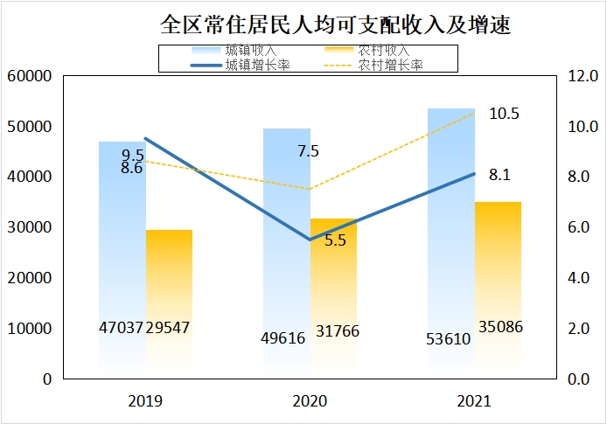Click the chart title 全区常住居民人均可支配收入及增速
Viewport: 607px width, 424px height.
click(335, 24)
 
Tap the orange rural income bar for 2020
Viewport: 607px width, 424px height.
click(333, 288)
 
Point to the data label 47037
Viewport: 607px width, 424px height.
click(122, 328)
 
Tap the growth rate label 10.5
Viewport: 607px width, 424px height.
click(504, 114)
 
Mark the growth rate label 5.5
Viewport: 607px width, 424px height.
click(335, 240)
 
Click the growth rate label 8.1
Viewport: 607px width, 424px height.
click(499, 175)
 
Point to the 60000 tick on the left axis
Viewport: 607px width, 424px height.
click(30, 76)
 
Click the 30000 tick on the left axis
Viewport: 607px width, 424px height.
click(30, 227)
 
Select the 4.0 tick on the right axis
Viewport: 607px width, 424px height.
click(581, 278)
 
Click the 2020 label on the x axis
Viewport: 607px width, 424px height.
click(310, 402)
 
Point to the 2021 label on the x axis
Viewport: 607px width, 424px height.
click(474, 402)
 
